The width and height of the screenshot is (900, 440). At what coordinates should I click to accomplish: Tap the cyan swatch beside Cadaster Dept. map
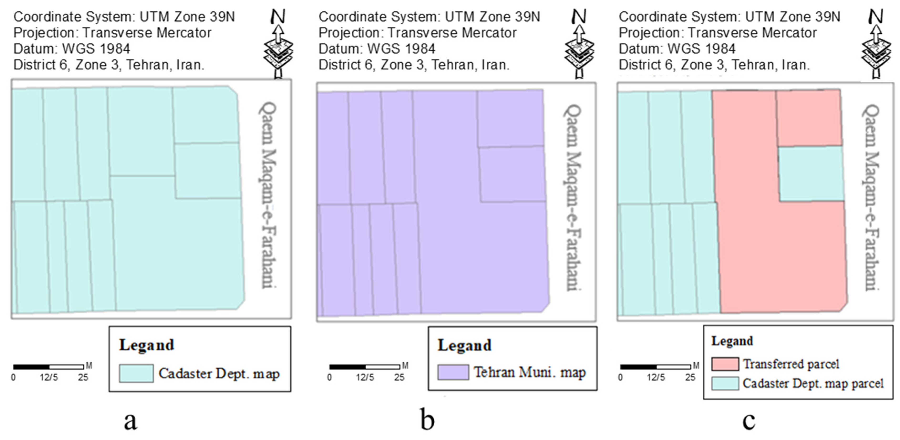click(x=136, y=373)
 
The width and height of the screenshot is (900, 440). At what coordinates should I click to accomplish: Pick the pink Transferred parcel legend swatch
click(x=725, y=364)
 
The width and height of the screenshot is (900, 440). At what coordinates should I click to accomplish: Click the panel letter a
click(x=130, y=421)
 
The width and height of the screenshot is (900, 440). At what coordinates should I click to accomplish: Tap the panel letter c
click(x=749, y=421)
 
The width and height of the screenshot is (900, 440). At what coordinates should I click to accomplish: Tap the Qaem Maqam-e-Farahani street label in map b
click(x=572, y=197)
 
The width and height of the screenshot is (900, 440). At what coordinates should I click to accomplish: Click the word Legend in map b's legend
click(x=465, y=345)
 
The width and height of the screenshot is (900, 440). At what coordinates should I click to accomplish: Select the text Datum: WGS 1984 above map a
click(x=72, y=49)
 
